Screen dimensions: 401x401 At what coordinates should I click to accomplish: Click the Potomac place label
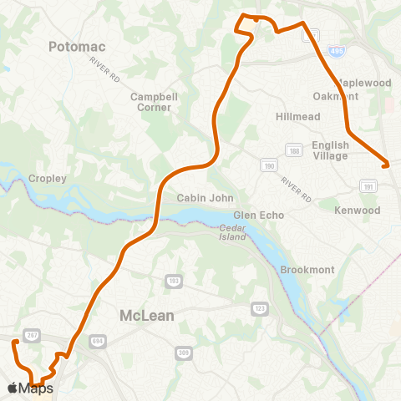click(x=79, y=47)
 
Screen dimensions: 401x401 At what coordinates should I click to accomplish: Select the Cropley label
click(x=47, y=179)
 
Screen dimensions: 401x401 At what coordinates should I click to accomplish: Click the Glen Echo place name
click(x=259, y=215)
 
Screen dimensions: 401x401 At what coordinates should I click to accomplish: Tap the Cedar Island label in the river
click(x=233, y=232)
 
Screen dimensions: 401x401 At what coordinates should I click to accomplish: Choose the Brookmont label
click(x=307, y=270)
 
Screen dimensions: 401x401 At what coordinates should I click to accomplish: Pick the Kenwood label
click(x=358, y=211)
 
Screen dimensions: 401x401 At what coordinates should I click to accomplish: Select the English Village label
click(x=330, y=150)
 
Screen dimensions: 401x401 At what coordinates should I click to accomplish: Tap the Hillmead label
click(x=298, y=117)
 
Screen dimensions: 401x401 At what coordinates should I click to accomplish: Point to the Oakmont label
click(x=340, y=96)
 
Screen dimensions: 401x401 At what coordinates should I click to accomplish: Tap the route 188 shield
click(x=293, y=150)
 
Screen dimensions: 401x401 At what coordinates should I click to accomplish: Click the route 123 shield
click(x=260, y=309)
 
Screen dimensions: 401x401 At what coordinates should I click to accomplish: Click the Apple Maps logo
click(x=31, y=388)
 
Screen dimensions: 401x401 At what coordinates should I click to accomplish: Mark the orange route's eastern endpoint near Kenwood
click(x=387, y=165)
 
